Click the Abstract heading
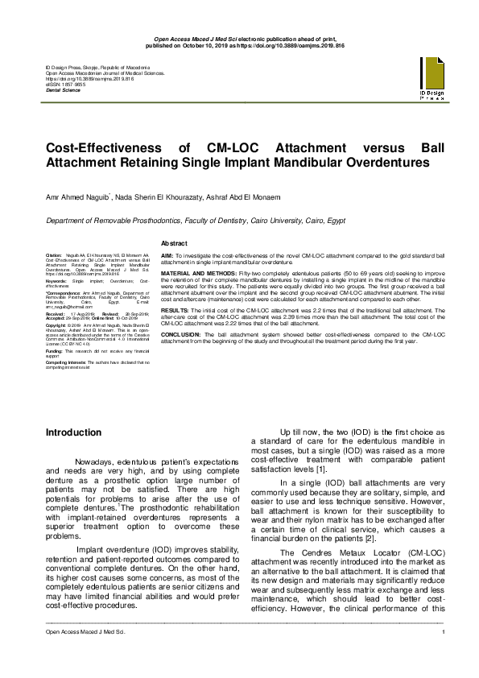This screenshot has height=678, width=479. pyautogui.click(x=175, y=243)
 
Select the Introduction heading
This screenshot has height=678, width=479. pyautogui.click(x=73, y=432)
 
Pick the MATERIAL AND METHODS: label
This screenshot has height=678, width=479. pyautogui.click(x=197, y=274)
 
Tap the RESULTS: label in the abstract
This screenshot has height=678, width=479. pyautogui.click(x=175, y=309)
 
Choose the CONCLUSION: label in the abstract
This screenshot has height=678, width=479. pyautogui.click(x=181, y=333)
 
